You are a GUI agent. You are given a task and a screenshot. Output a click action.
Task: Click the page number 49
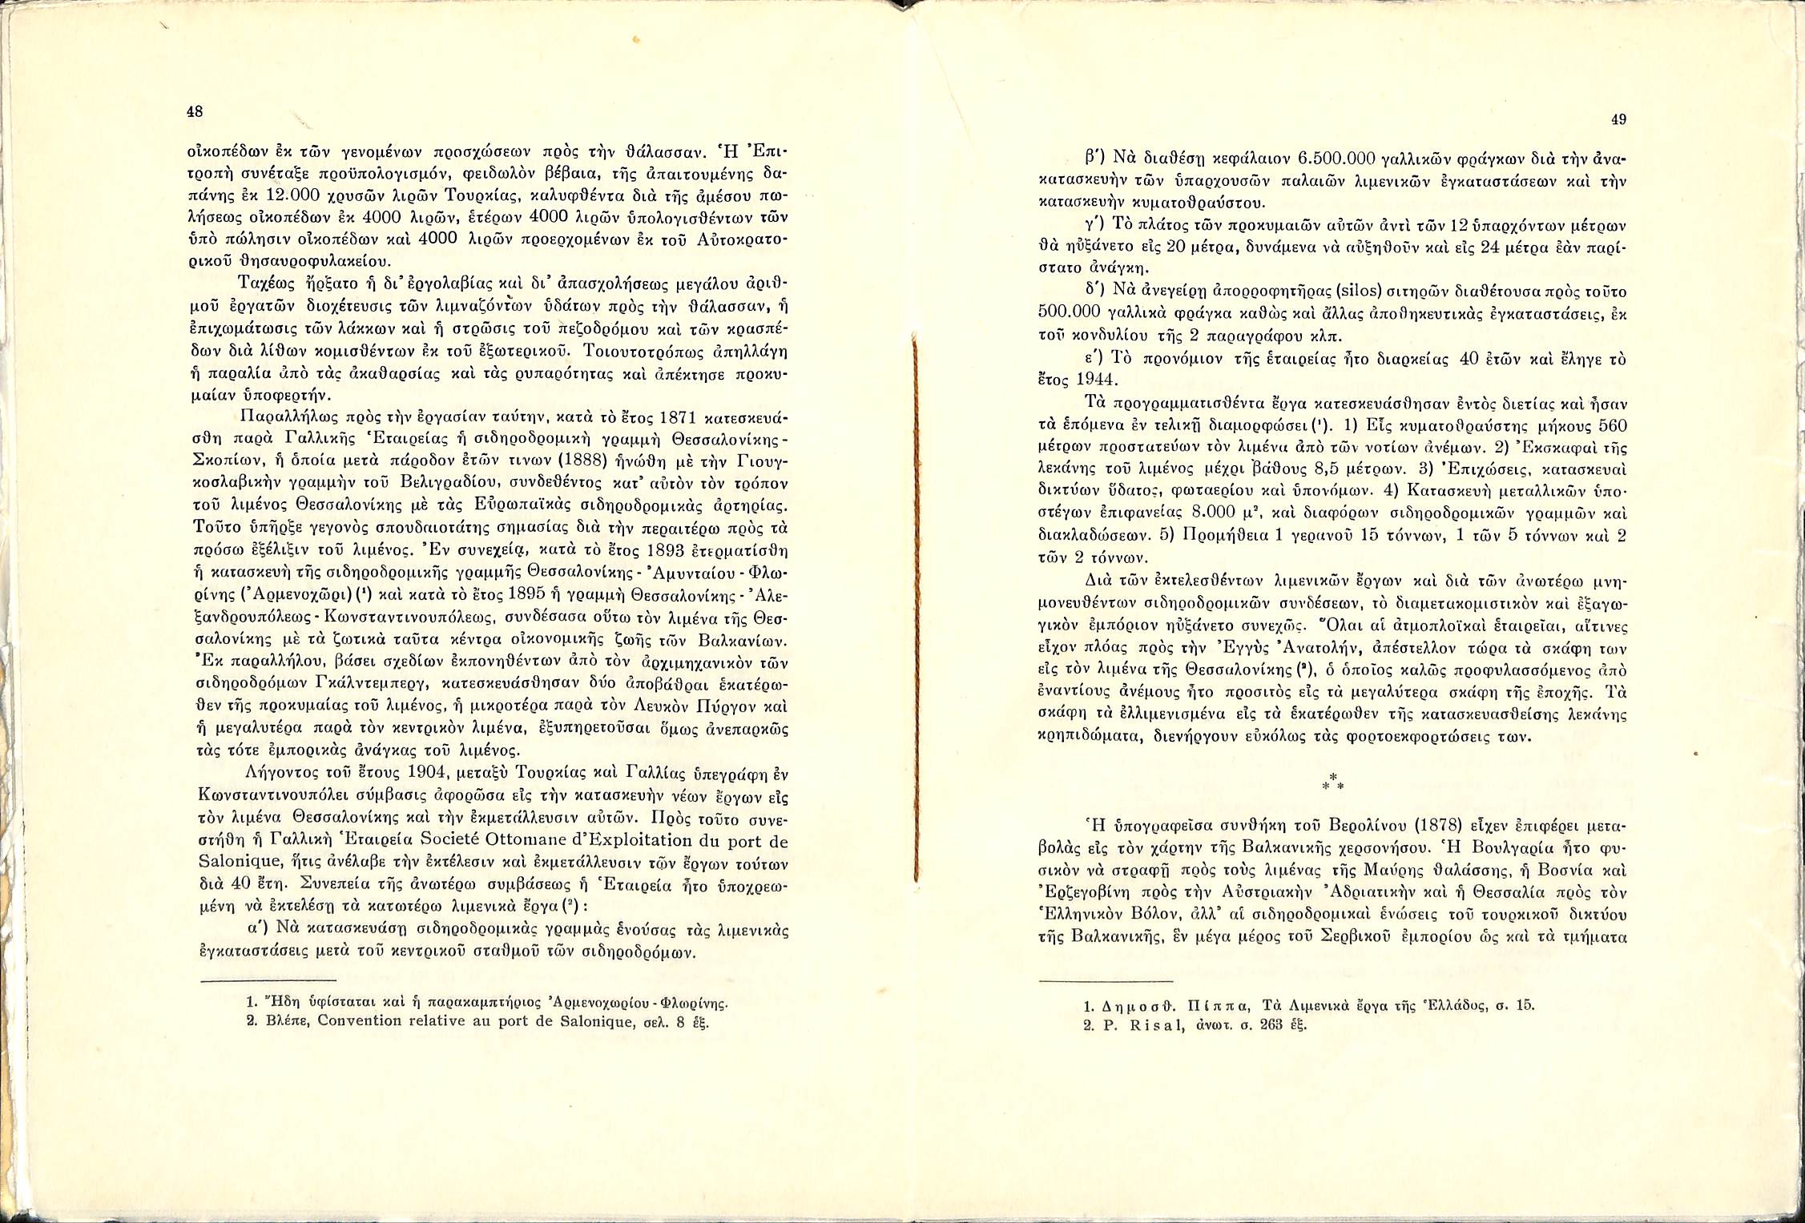pyautogui.click(x=1618, y=120)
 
